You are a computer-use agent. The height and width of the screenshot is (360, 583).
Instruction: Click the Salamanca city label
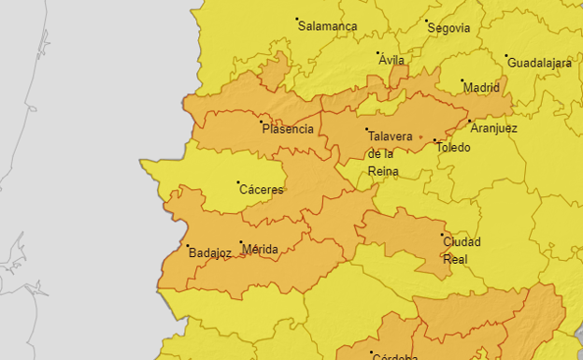pyautogui.click(x=328, y=26)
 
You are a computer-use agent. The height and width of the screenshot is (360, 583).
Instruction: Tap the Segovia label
pyautogui.click(x=448, y=28)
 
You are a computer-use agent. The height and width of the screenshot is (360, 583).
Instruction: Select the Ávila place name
pyautogui.click(x=392, y=60)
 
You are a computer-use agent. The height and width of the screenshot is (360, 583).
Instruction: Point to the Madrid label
pyautogui.click(x=482, y=88)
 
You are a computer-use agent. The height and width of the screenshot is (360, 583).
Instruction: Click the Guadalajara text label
pyautogui.click(x=539, y=63)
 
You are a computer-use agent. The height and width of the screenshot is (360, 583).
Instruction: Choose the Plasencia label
pyautogui.click(x=289, y=129)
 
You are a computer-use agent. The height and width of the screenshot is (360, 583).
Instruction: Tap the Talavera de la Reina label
pyautogui.click(x=390, y=153)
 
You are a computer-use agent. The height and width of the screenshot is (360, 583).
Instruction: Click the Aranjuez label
pyautogui.click(x=494, y=128)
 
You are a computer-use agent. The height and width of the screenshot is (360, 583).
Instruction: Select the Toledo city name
pyautogui.click(x=453, y=148)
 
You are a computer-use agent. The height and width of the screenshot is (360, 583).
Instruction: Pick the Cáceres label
pyautogui.click(x=262, y=190)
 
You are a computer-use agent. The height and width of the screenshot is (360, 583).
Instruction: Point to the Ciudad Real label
pyautogui.click(x=462, y=250)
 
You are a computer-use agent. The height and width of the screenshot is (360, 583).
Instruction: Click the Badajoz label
pyautogui.click(x=209, y=253)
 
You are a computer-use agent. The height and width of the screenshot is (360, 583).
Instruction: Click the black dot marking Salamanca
pyautogui.click(x=297, y=19)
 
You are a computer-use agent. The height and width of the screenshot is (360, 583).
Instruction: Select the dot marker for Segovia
pyautogui.click(x=426, y=21)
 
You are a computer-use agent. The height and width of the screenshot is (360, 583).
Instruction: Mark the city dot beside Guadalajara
pyautogui.click(x=506, y=56)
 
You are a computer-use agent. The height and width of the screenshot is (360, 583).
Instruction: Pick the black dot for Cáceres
pyautogui.click(x=238, y=182)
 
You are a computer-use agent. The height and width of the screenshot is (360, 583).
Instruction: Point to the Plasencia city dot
pyautogui.click(x=262, y=122)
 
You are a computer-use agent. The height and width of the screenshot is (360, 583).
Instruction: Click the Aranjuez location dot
pyautogui.click(x=468, y=121)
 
